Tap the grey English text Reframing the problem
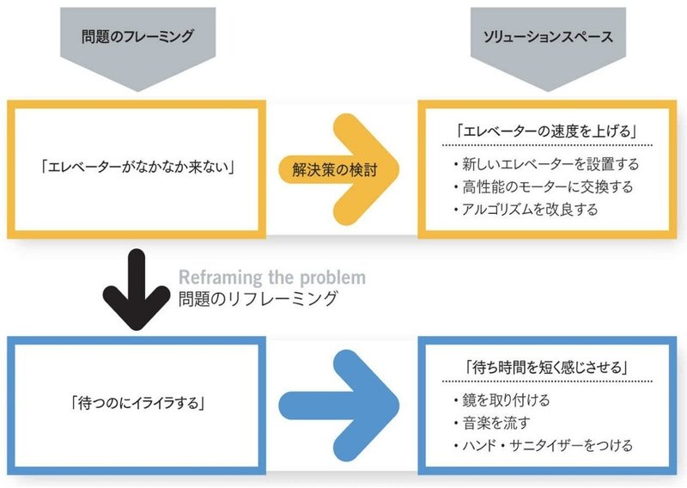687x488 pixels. tap(271, 278)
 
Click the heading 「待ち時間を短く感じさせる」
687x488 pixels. tap(541, 366)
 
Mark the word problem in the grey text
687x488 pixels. tap(334, 278)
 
